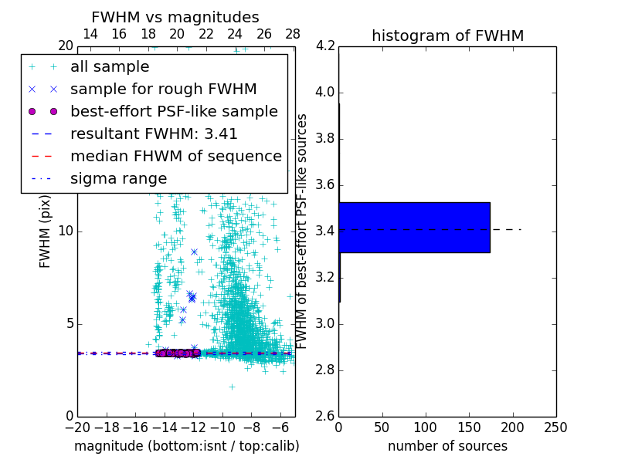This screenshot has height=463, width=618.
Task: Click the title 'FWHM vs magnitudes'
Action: (175, 18)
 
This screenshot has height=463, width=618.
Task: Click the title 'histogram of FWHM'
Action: (447, 35)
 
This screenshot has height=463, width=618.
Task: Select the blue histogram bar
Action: (414, 228)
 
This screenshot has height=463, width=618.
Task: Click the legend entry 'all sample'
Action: (110, 67)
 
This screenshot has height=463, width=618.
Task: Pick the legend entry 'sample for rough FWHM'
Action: (163, 89)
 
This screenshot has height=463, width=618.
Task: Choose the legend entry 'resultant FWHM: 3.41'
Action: (154, 133)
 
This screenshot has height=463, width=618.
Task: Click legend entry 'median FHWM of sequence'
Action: (175, 156)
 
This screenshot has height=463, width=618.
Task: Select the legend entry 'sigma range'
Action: (118, 178)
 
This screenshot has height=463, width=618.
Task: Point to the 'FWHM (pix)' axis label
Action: (46, 231)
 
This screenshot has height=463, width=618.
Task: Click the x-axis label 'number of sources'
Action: (447, 446)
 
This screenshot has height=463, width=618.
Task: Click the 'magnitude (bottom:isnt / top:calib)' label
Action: (186, 446)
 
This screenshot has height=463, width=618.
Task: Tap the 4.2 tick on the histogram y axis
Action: (325, 46)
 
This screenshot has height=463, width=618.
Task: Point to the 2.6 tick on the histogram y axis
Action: (325, 416)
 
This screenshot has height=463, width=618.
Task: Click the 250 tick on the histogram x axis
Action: (556, 428)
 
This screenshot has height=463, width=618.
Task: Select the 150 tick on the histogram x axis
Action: (469, 428)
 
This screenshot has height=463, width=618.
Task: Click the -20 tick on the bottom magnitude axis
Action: (77, 428)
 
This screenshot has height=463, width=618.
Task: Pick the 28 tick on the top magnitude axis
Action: (293, 35)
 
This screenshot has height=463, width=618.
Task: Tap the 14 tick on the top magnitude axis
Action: (90, 35)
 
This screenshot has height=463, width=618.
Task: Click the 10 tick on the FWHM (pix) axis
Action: (66, 231)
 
